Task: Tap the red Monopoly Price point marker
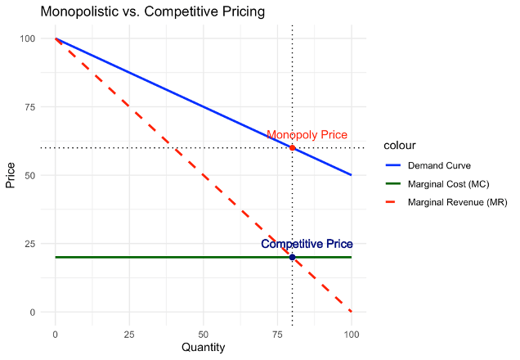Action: coord(292,147)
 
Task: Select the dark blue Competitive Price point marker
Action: coord(292,257)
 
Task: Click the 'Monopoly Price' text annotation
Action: coord(307,135)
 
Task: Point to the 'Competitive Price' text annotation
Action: coord(307,244)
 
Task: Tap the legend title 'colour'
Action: coord(400,146)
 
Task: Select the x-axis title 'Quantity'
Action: coord(203,348)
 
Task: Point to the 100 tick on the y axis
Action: coord(28,38)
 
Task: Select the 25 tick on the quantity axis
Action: coord(128,335)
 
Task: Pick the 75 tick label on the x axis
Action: coord(277,335)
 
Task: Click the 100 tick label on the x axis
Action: coord(351,335)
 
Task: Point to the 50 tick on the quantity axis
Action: coord(203,335)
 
